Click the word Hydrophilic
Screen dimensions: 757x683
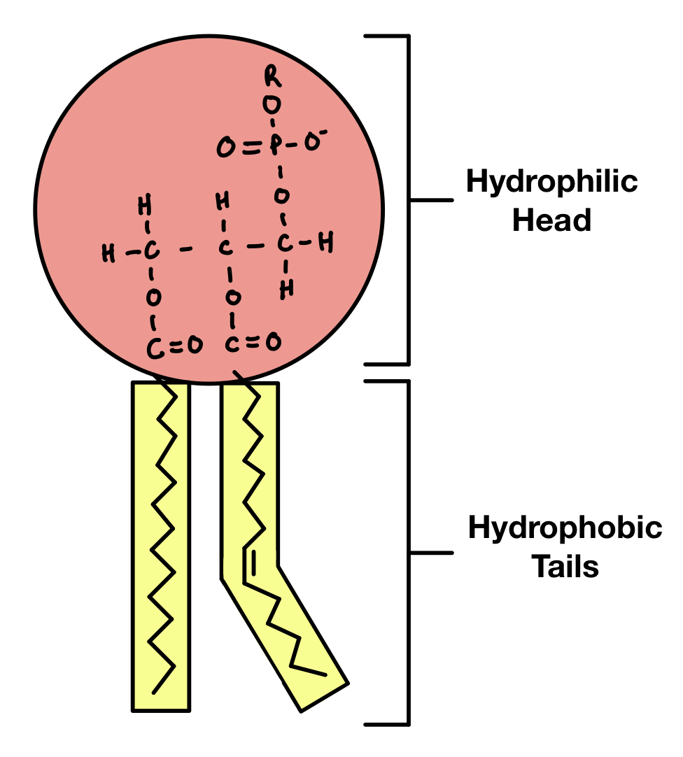(551, 183)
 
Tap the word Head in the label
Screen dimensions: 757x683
(551, 221)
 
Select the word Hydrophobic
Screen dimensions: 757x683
(565, 528)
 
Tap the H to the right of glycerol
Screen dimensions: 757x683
(325, 243)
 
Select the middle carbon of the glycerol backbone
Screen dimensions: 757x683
(225, 248)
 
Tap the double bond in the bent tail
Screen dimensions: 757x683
(249, 563)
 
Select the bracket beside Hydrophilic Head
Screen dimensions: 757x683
(408, 199)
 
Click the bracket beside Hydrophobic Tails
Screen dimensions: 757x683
(408, 553)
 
